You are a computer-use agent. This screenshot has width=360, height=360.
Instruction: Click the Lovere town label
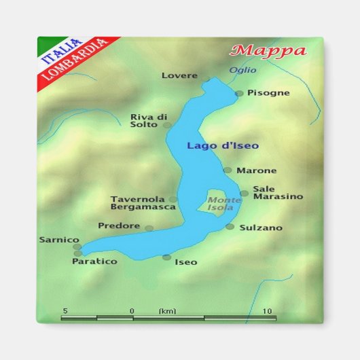[179, 75]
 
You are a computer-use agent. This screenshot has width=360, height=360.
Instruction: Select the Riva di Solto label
[149, 120]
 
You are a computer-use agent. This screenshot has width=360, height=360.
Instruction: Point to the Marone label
[256, 170]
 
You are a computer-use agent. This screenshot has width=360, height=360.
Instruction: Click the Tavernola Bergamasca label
[139, 202]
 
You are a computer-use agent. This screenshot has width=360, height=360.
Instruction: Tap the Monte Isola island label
[224, 204]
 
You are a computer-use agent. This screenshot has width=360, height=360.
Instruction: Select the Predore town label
[119, 226]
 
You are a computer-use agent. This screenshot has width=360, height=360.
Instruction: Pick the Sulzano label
[261, 228]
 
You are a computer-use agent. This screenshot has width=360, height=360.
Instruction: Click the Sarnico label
[59, 240]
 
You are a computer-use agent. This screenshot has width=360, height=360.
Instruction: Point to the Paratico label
[94, 261]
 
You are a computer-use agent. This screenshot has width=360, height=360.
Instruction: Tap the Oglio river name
[242, 70]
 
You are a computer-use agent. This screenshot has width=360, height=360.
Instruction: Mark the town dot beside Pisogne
[239, 94]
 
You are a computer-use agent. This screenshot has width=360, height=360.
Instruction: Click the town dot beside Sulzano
[230, 227]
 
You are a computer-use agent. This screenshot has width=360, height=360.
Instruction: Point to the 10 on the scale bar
[268, 311]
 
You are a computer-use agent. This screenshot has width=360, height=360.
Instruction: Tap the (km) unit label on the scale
[167, 311]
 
